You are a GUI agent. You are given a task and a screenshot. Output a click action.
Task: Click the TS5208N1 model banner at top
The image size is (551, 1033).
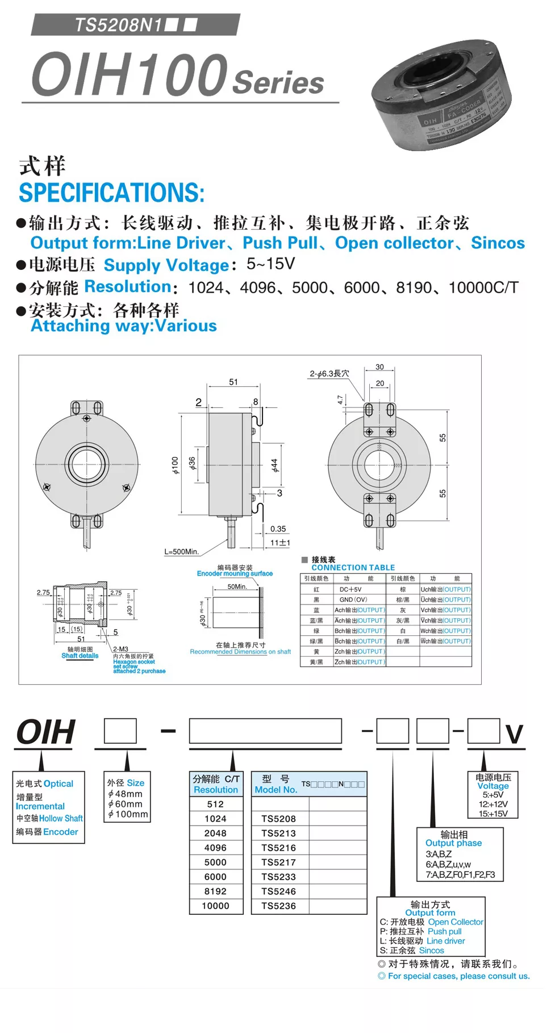[135, 25]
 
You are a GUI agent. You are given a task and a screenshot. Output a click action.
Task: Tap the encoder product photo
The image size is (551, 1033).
[441, 102]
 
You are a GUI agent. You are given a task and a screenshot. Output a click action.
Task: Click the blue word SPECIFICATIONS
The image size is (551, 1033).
[111, 193]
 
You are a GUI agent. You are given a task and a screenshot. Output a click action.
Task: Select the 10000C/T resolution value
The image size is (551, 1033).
[483, 288]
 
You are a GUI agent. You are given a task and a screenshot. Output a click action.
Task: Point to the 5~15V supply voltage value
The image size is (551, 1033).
[270, 264]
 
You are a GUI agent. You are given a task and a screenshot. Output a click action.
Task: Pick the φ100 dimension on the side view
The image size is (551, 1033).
[175, 465]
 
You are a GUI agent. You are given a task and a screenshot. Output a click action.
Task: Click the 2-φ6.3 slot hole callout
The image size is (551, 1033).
[329, 374]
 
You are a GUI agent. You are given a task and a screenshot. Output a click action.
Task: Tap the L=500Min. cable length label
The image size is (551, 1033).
[181, 552]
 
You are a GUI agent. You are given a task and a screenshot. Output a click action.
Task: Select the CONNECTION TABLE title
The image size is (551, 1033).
[353, 568]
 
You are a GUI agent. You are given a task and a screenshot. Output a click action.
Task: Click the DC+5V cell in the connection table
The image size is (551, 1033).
[350, 590]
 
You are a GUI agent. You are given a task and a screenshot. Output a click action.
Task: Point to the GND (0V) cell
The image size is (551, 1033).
[353, 600]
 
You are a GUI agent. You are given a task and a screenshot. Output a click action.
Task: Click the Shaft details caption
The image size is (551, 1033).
[80, 656]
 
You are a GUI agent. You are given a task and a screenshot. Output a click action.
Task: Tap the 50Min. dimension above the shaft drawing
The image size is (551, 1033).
[237, 586]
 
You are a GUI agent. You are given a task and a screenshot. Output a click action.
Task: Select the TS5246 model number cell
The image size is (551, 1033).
[278, 892]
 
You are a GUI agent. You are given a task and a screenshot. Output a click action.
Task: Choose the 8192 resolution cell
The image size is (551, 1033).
[215, 892]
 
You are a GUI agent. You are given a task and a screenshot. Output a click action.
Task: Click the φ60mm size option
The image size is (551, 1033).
[126, 804]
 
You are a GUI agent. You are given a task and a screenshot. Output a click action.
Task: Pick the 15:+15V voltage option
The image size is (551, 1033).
[493, 814]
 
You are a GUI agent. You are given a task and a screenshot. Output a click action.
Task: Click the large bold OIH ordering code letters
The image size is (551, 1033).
[46, 732]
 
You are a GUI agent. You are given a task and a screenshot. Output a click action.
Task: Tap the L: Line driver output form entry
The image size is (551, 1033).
[422, 941]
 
